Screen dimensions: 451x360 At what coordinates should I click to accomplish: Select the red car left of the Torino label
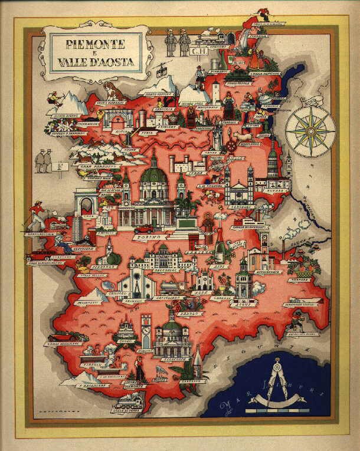coord(143,229)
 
